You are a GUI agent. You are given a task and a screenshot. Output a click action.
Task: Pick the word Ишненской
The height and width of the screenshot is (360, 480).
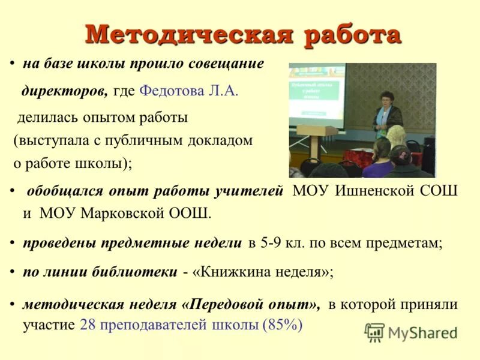371,191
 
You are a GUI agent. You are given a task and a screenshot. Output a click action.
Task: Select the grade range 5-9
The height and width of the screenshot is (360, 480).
273,243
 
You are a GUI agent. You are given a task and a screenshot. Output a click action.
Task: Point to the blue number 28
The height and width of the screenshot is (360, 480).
88,325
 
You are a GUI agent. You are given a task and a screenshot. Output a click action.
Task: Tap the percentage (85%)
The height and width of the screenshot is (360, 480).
282,325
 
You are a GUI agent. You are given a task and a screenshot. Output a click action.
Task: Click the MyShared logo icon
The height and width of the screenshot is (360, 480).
374,332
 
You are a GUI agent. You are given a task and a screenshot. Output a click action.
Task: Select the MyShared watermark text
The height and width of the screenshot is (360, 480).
422,332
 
